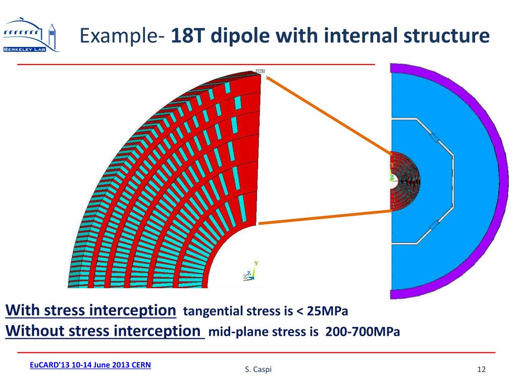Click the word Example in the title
(118, 36)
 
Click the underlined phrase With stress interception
(91, 310)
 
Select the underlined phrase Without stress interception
(103, 332)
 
